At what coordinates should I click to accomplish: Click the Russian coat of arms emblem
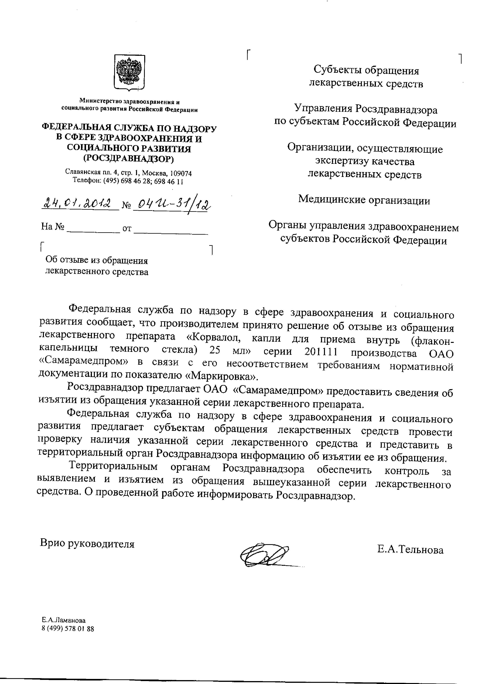point(129,72)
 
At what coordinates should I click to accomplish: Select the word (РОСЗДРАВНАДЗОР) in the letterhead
point(128,159)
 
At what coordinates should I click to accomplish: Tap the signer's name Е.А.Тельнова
point(410,550)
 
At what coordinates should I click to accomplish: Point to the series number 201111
point(321,352)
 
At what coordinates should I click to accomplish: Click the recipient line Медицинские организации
point(364,200)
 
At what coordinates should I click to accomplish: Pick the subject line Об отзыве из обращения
point(97,260)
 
